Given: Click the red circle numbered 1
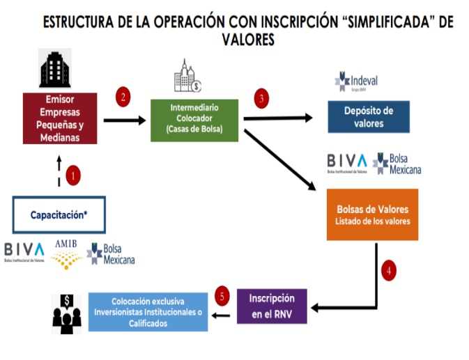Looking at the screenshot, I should (72, 176).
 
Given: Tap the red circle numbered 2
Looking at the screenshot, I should (123, 98).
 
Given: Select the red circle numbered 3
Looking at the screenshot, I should (261, 99).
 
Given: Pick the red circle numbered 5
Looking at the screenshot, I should (222, 296).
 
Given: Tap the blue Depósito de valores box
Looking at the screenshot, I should (369, 117).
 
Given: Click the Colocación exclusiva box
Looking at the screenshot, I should (147, 312).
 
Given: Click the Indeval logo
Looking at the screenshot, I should (355, 82).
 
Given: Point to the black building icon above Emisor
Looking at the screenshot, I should (55, 68).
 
